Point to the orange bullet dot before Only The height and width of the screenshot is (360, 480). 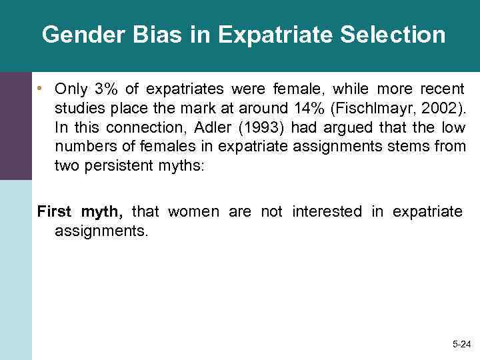tap(41, 89)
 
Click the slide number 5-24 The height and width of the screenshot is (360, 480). tap(460, 344)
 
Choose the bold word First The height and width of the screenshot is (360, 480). tap(55, 212)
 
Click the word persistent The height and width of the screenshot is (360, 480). tap(117, 166)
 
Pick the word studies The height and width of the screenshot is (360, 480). tap(77, 108)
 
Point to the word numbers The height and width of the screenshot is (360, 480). tap(83, 147)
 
